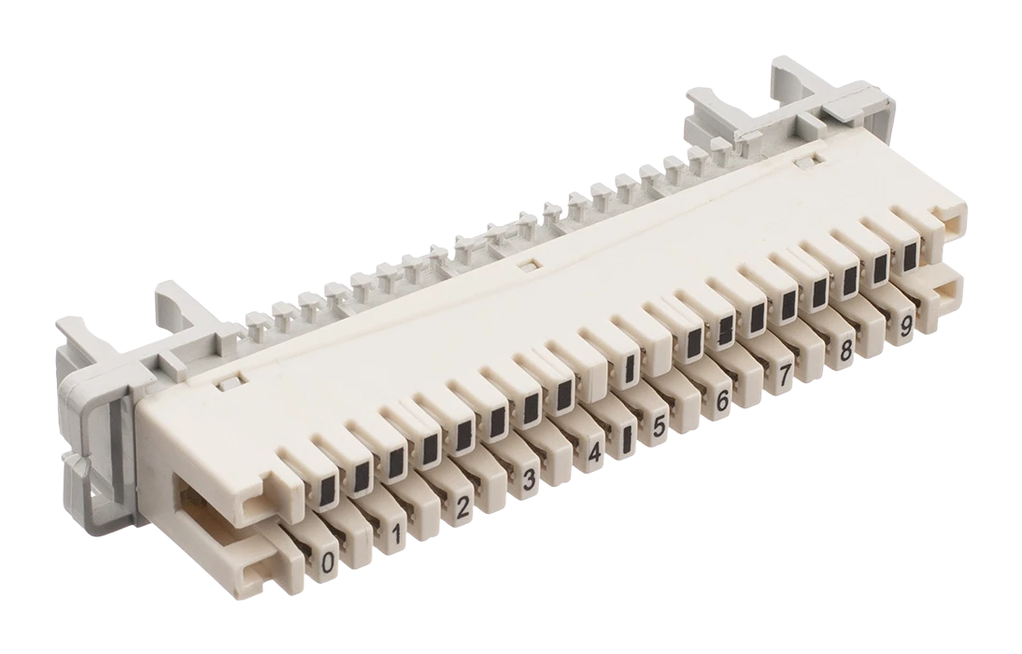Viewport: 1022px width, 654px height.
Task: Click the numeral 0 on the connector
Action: [x=329, y=561]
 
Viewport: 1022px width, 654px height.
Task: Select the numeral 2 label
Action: [x=462, y=507]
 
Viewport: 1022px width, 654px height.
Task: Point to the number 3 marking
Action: [x=529, y=480]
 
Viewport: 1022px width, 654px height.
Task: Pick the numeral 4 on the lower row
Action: [x=594, y=452]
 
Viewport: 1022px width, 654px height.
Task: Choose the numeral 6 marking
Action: [x=722, y=401]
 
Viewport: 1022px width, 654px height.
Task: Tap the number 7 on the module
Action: [x=786, y=375]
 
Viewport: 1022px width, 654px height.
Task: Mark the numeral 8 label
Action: [x=845, y=350]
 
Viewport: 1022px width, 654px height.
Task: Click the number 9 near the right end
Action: [x=905, y=326]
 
